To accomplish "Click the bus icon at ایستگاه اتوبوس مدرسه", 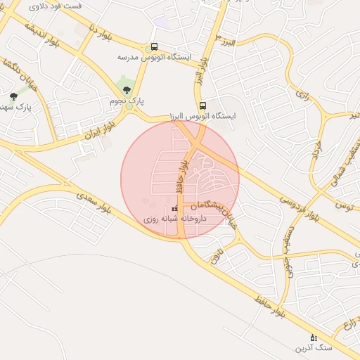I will click(154, 47).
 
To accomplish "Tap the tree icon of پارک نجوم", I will click(127, 90).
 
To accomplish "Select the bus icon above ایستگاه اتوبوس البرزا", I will click(202, 105).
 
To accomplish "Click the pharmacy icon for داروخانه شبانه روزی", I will click(174, 208).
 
